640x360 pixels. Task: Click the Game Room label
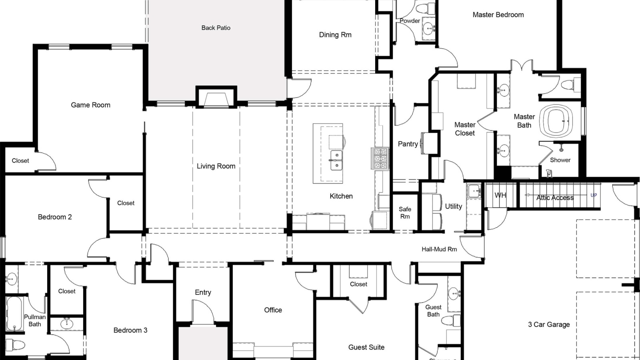point(90,105)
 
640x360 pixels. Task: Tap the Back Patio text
point(216,28)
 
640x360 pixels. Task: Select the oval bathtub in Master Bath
point(556,120)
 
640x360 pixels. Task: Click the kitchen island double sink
point(336,160)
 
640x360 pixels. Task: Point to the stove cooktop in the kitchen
point(380,158)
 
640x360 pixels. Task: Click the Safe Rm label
point(405,212)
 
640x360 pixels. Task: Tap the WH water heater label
point(500,195)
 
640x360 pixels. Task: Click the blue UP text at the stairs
point(594,195)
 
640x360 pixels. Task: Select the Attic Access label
point(555,198)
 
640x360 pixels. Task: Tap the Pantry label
point(408,144)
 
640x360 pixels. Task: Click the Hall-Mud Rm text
point(439,249)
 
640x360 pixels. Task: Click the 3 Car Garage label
point(549,324)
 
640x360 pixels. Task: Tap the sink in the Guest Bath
point(454,294)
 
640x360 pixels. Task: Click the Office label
point(273,310)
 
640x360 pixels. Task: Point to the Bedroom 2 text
point(55,217)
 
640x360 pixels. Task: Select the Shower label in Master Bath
point(560,160)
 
